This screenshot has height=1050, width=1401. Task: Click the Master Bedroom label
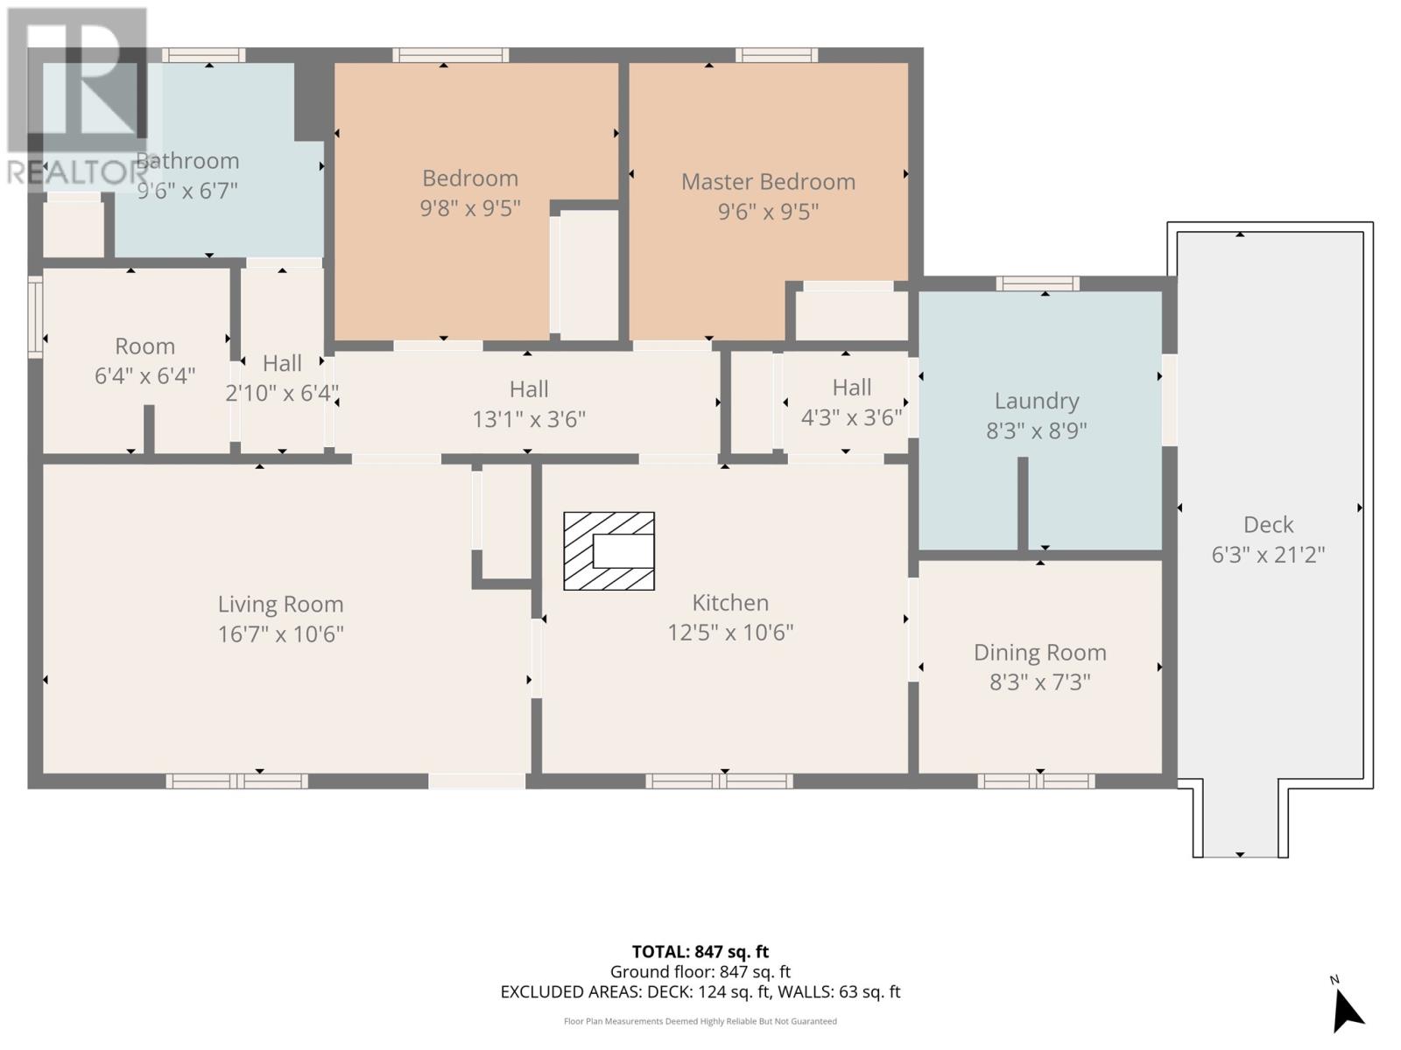[x=768, y=182]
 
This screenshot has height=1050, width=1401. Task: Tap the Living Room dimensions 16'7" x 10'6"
[x=281, y=634]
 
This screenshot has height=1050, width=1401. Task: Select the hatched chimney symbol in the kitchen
[x=609, y=551]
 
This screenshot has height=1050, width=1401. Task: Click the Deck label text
[x=1268, y=525]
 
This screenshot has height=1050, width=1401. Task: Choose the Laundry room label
[x=1037, y=401]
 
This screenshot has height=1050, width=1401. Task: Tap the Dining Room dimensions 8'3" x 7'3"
[x=1039, y=682]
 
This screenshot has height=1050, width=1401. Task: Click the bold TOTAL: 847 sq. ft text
[x=700, y=952]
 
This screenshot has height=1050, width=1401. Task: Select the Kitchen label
[x=730, y=603]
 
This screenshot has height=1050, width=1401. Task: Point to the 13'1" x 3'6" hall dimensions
[x=529, y=419]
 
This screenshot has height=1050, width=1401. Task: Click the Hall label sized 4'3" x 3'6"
[x=851, y=388]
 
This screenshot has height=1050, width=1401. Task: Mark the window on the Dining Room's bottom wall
[x=1036, y=781]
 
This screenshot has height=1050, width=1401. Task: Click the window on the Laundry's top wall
[x=1038, y=283]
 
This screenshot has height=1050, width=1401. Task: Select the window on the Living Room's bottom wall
[x=236, y=781]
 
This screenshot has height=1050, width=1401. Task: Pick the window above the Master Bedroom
[x=776, y=55]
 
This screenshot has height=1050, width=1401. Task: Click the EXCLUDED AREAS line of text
[x=700, y=992]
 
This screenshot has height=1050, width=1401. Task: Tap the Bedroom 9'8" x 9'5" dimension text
[x=470, y=208]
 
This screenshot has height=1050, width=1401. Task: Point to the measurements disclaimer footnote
[x=700, y=1021]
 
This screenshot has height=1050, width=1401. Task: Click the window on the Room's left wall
[x=35, y=317]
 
